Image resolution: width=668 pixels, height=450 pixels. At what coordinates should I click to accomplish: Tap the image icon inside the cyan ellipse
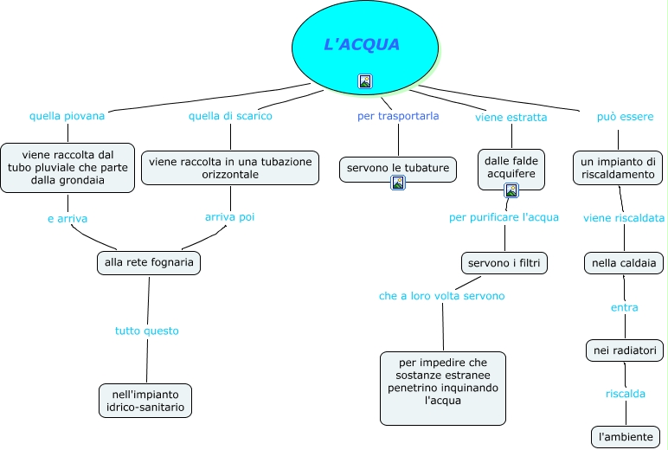365,81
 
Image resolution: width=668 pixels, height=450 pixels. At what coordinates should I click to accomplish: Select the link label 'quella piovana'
67,115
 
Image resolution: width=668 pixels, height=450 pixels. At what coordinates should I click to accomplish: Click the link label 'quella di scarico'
230,115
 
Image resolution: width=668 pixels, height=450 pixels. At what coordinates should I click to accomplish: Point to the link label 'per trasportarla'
398,115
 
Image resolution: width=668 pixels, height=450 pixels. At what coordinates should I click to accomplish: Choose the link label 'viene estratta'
511,117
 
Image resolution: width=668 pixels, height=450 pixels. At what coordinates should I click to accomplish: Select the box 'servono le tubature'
398,168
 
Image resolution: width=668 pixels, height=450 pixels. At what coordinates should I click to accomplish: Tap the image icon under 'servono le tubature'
398,183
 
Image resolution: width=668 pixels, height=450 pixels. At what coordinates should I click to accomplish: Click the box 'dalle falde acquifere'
511,167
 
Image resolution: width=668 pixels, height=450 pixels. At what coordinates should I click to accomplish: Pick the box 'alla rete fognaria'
149,262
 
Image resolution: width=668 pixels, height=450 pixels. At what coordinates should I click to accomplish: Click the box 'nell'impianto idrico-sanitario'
145,400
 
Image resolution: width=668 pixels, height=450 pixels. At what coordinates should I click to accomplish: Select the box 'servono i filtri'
504,262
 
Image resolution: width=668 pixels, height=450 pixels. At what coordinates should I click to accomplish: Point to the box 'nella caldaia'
624,262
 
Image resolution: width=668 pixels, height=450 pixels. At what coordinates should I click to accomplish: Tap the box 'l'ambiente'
626,436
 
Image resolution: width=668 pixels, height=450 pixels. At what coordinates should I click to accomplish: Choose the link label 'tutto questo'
147,331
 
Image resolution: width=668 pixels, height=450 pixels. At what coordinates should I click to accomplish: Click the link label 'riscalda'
625,394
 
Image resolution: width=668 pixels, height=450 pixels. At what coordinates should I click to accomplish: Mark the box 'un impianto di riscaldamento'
618,168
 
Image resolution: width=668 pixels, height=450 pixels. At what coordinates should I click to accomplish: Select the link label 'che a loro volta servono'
441,296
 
